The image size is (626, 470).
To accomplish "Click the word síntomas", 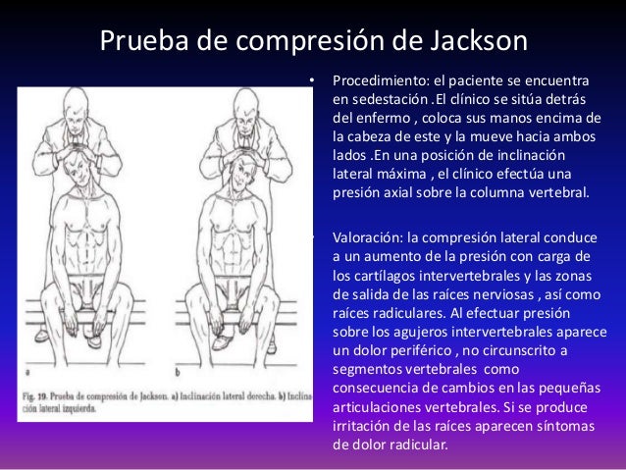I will coord(561,424).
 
